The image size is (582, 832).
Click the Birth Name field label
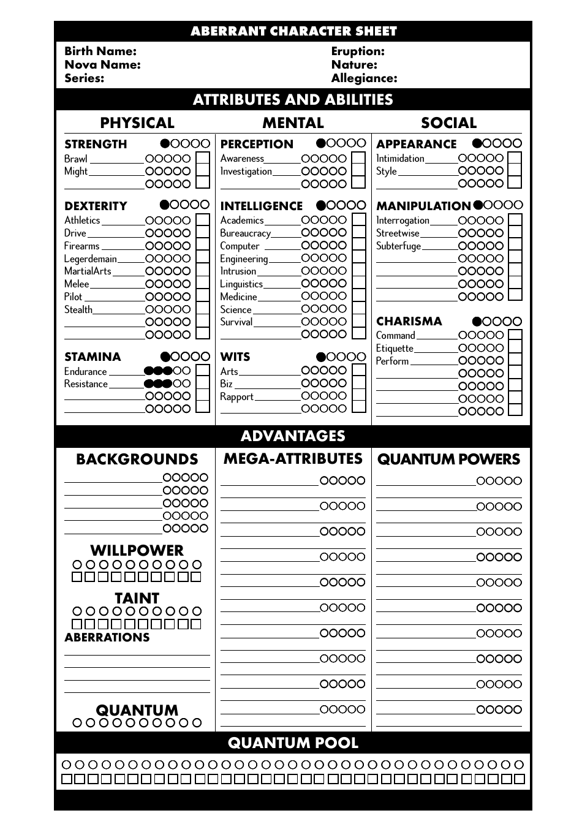[100, 51]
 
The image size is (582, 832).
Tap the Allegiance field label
[364, 78]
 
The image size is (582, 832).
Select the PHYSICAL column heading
[137, 123]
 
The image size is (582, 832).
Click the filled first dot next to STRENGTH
[165, 144]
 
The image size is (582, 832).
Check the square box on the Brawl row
[202, 159]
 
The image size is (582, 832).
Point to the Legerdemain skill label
[90, 259]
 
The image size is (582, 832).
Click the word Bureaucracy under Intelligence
[245, 233]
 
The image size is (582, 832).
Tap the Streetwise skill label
[398, 233]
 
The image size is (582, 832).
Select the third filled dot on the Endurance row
[167, 371]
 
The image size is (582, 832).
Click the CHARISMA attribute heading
[409, 322]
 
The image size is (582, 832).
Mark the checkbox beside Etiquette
[515, 348]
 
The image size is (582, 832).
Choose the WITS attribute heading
[235, 357]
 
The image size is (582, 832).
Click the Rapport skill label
[236, 397]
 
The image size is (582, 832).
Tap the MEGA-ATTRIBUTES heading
[293, 459]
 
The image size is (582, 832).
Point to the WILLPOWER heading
[137, 550]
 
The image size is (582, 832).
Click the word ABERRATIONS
[107, 638]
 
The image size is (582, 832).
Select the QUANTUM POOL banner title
[293, 743]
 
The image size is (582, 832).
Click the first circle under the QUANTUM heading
[77, 723]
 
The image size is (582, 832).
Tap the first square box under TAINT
[77, 624]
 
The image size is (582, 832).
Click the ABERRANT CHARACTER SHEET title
[293, 31]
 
